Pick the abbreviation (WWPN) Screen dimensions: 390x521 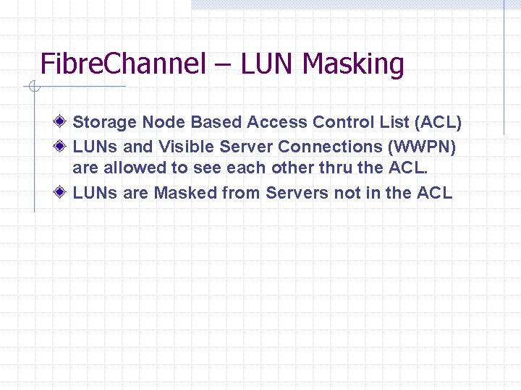click(423, 147)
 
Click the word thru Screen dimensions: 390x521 click(336, 170)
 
